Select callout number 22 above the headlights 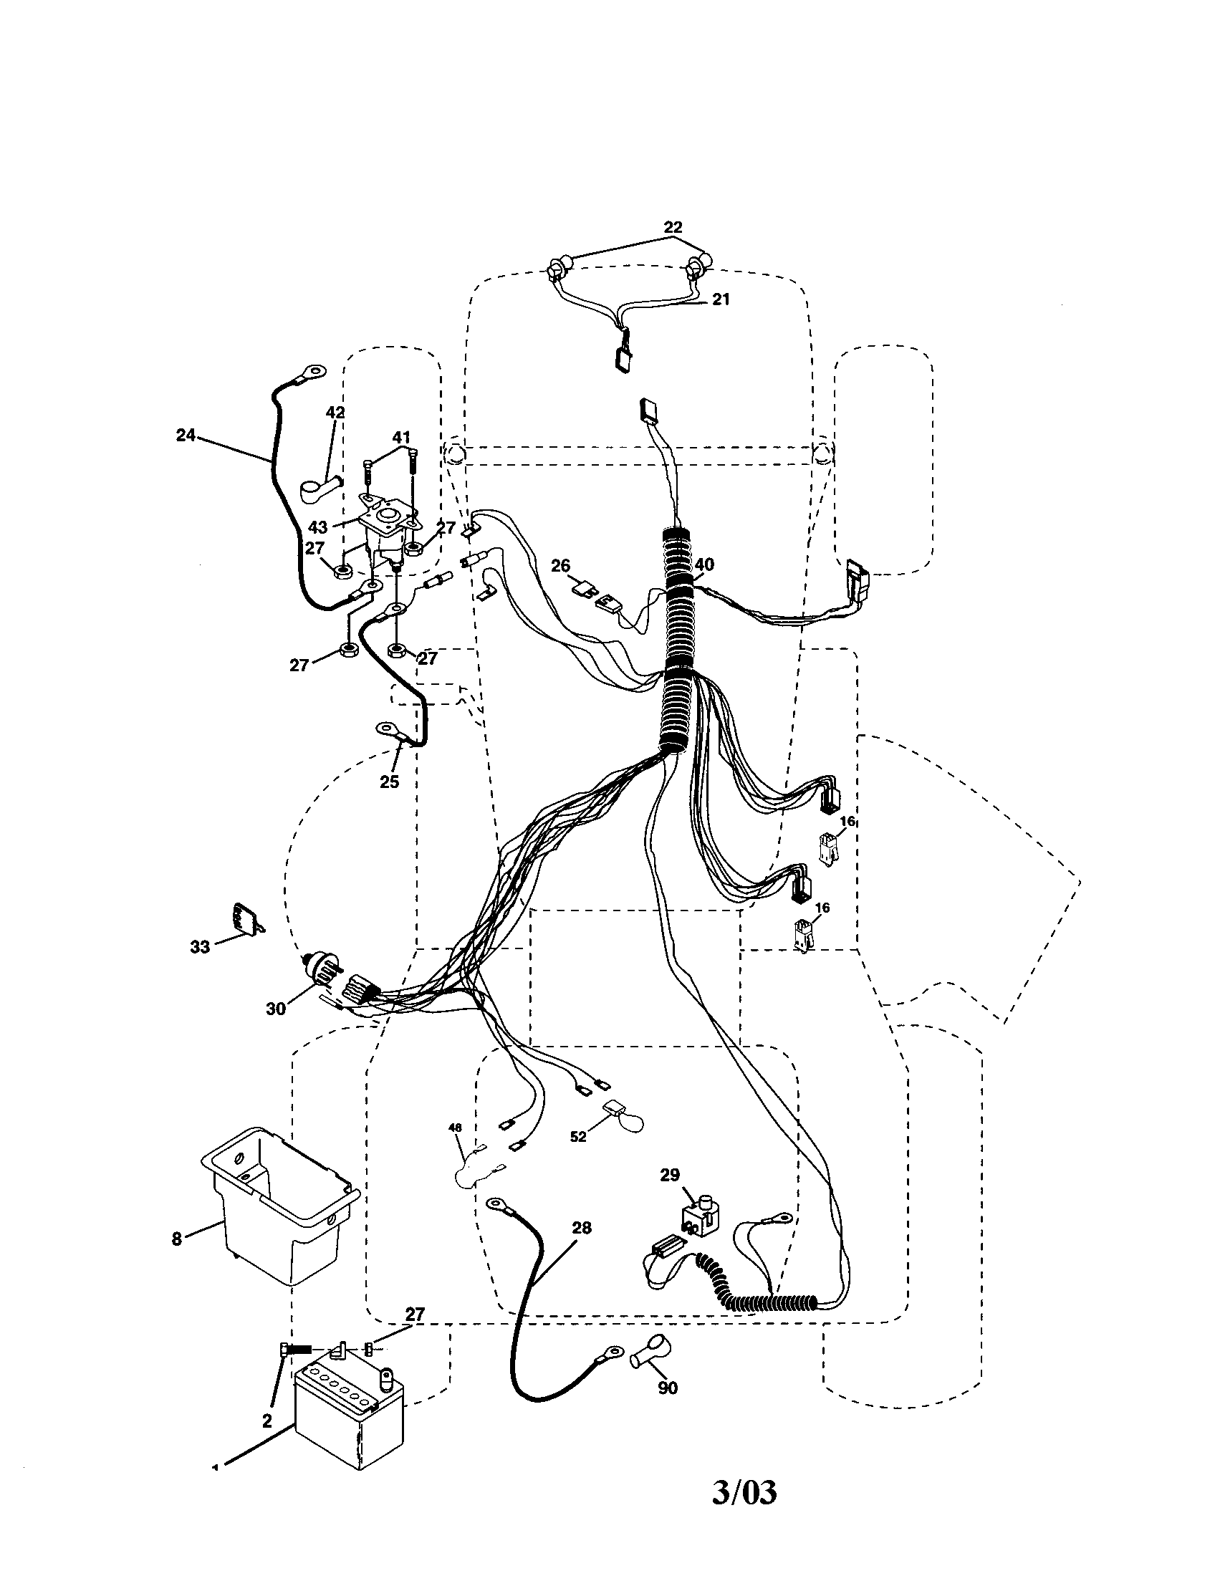(673, 226)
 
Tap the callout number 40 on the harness (704, 564)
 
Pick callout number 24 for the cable (186, 435)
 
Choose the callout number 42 (335, 413)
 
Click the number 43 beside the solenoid (318, 527)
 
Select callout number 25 (389, 782)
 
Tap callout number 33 (199, 946)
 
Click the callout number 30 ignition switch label (276, 1009)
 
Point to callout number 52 (578, 1137)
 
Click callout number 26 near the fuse (561, 567)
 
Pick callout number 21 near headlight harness (721, 299)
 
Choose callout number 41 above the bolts (401, 437)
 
